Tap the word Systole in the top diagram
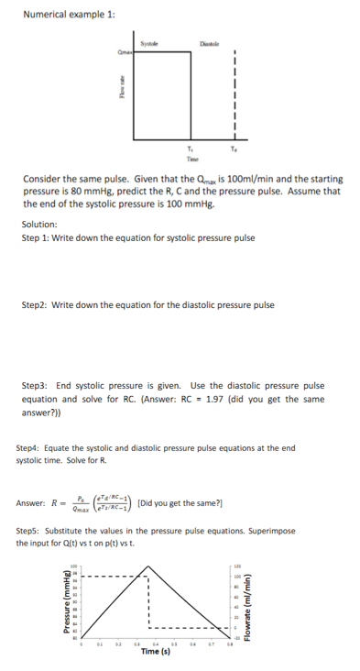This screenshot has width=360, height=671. (x=150, y=42)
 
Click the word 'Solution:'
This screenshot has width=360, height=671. (x=39, y=224)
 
